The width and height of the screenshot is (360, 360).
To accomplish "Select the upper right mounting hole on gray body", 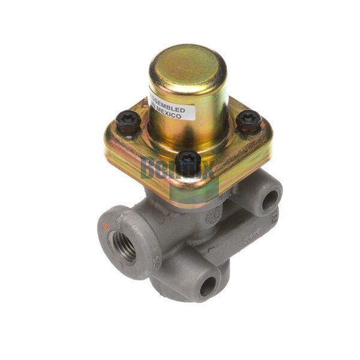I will [269, 199].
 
